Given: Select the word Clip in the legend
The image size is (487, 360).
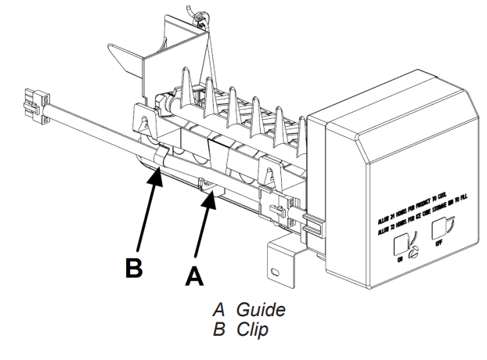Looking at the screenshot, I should point(252,329).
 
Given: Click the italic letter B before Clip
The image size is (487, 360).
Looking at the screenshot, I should point(218,329).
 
